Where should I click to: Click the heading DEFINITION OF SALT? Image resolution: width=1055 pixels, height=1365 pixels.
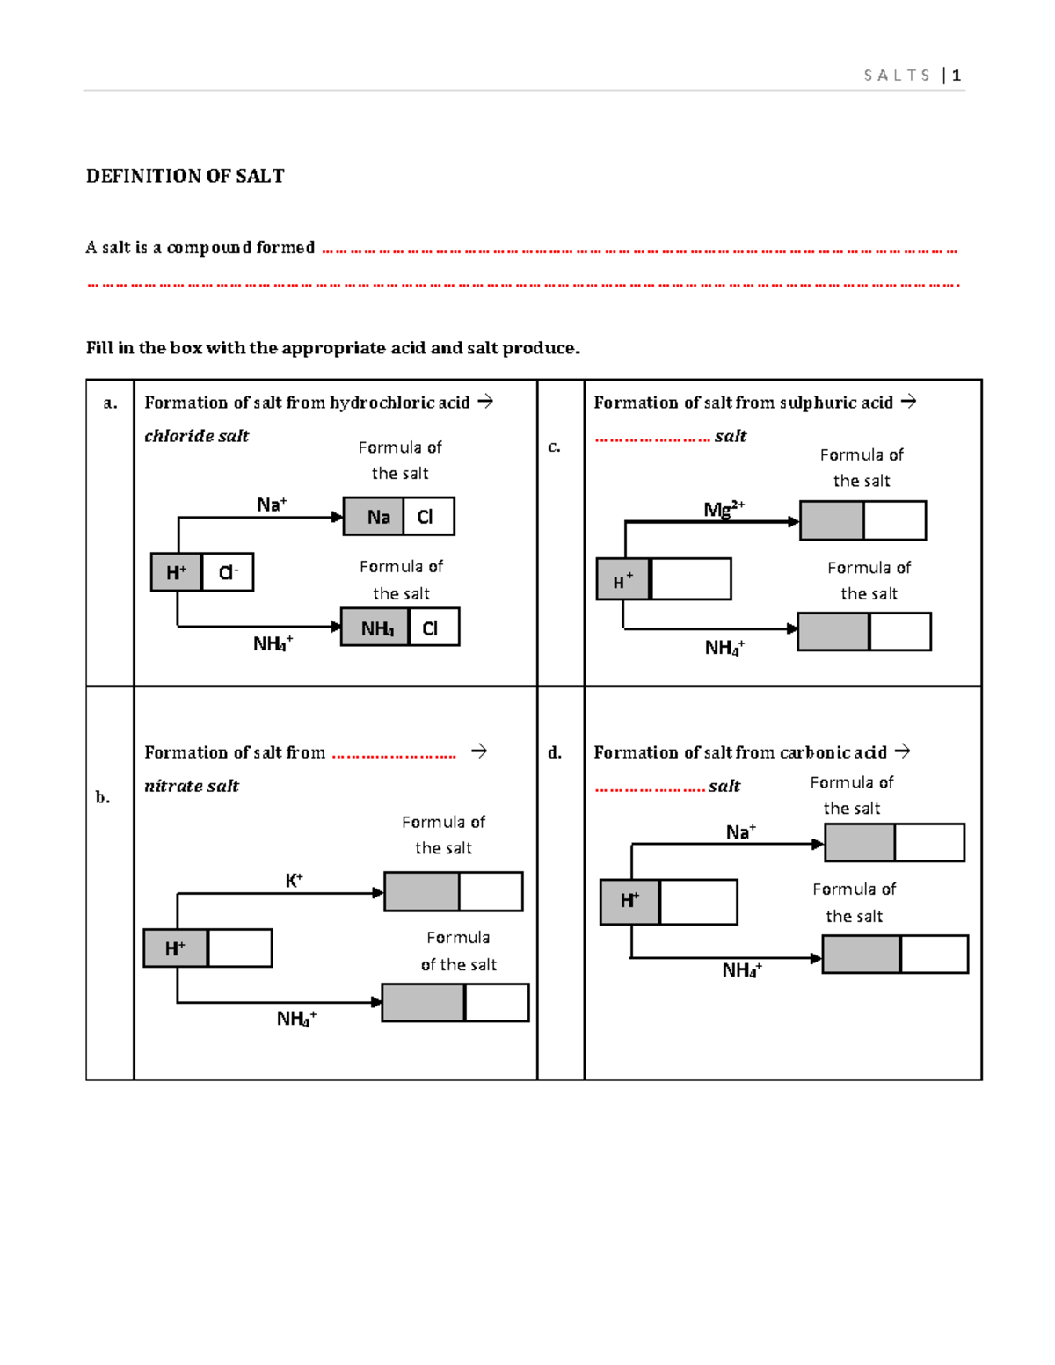[185, 176]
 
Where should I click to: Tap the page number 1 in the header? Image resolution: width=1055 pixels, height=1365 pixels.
[957, 76]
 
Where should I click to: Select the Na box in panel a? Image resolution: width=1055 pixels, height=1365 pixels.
[374, 517]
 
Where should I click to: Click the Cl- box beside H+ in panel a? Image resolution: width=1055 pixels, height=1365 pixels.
[228, 572]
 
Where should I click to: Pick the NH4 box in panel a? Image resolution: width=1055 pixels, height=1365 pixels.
[375, 628]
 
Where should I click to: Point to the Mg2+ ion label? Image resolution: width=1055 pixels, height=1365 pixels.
[724, 509]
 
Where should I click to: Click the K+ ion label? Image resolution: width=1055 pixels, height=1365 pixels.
[294, 880]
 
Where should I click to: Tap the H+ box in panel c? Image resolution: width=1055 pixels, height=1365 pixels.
[622, 579]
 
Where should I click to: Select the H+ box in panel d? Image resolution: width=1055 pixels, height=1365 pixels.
[629, 901]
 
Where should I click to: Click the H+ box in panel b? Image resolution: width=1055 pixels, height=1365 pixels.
[176, 948]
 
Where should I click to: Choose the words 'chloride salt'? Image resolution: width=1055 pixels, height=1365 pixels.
[196, 436]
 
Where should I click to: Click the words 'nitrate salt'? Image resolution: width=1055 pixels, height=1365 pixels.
[192, 786]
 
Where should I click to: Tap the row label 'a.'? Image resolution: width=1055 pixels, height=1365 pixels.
[110, 403]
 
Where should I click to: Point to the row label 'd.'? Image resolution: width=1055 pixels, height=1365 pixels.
[555, 752]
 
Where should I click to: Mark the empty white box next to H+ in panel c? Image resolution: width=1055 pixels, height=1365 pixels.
[691, 579]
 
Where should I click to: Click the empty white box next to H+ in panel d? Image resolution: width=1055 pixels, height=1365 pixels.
[698, 901]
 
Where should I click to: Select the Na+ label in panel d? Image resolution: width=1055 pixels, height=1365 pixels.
[740, 832]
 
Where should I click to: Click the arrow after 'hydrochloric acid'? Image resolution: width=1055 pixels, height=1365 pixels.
[485, 402]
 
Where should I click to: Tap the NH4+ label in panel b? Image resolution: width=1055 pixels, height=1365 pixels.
[296, 1019]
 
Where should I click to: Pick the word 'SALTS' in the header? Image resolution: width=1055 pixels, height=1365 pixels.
[897, 76]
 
